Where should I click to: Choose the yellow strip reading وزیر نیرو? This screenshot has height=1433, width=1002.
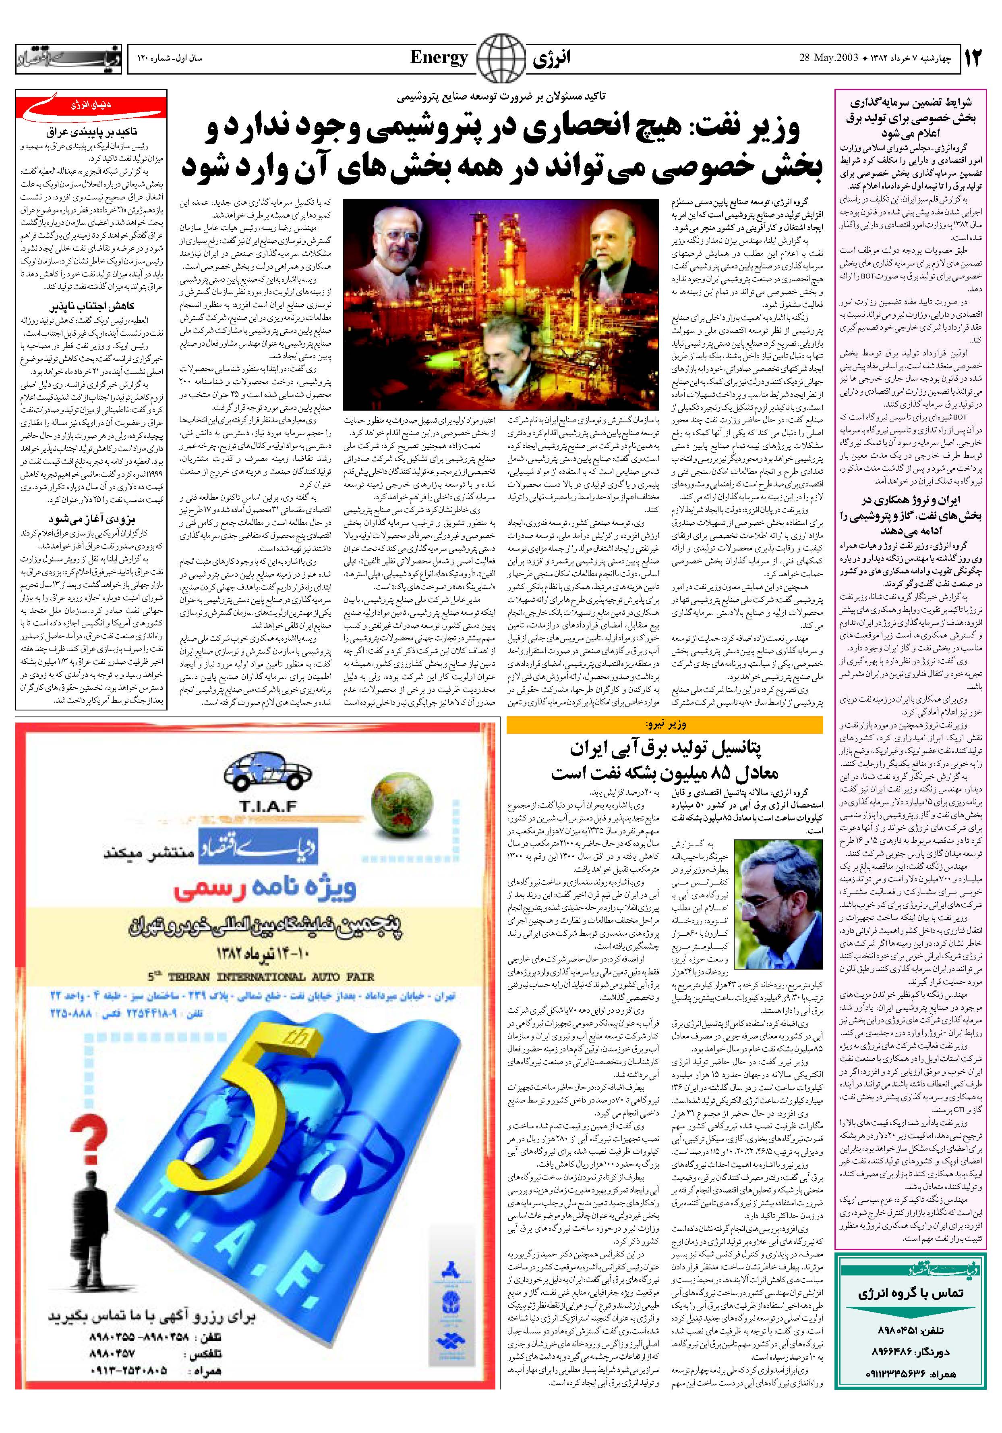point(665,724)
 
